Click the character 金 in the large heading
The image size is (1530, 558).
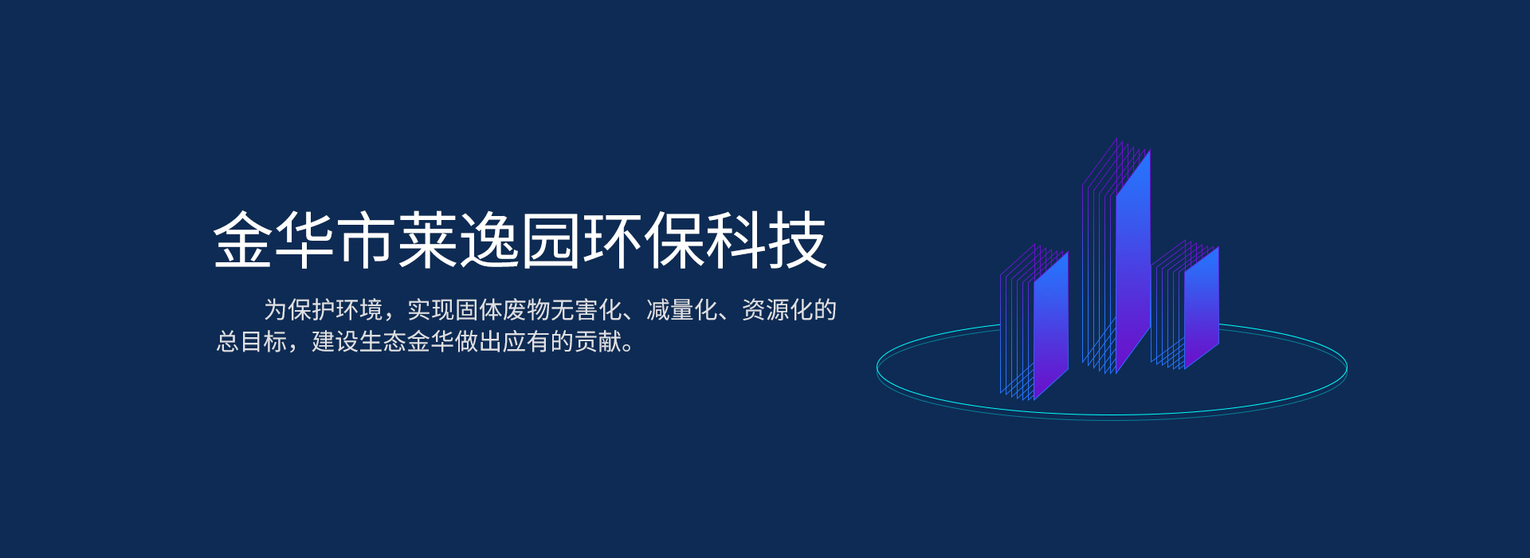(x=243, y=240)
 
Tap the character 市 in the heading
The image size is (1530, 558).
(x=367, y=240)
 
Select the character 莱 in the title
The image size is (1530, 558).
(x=428, y=240)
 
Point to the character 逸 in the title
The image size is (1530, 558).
(x=490, y=240)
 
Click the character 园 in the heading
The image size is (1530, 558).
(x=551, y=240)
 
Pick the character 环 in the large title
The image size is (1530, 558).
(x=613, y=240)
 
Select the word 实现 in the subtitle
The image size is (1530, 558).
(x=431, y=310)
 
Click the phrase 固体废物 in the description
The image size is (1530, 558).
(x=503, y=310)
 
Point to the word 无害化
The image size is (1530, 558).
(x=586, y=310)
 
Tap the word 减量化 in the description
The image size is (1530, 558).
(x=682, y=310)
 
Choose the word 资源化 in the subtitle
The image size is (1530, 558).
(x=778, y=310)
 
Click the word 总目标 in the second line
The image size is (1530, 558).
(x=252, y=342)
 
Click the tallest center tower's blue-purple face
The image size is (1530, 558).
(x=1132, y=263)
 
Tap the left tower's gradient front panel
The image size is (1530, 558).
(x=1051, y=325)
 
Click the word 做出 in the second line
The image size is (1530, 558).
(x=479, y=342)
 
